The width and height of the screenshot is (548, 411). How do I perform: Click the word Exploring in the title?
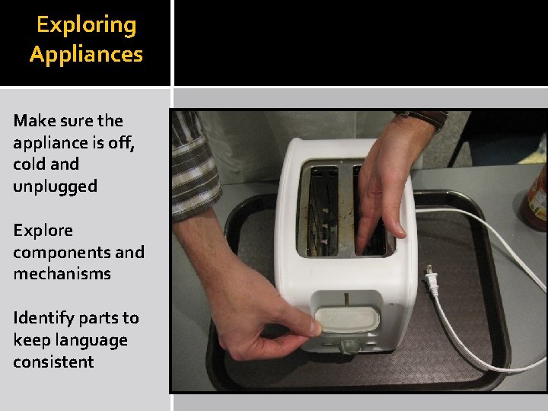[x=86, y=25]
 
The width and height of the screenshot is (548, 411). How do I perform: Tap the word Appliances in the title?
[x=86, y=54]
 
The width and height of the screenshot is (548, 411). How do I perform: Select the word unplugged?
[x=55, y=186]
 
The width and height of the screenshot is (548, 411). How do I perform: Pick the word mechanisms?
[x=62, y=273]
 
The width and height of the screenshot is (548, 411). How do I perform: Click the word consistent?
[x=53, y=362]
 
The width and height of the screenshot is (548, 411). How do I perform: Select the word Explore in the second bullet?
[x=43, y=230]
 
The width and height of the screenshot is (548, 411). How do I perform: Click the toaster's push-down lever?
[x=348, y=319]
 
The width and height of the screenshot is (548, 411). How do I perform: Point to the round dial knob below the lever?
[x=349, y=346]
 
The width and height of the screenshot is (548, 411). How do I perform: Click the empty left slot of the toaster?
[x=320, y=209]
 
